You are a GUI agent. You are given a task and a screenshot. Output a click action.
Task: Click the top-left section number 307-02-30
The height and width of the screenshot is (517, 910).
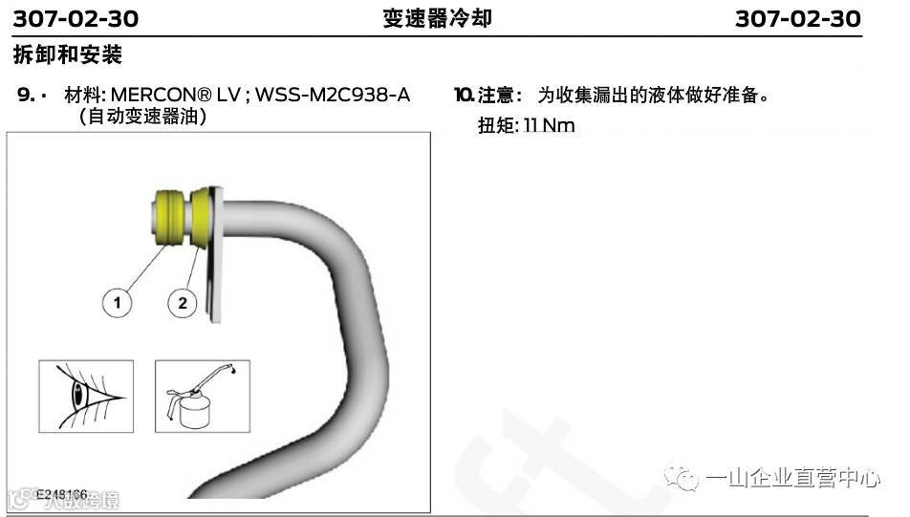pyautogui.click(x=76, y=18)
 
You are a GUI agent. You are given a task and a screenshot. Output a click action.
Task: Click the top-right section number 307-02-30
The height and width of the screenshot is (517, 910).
pyautogui.click(x=798, y=18)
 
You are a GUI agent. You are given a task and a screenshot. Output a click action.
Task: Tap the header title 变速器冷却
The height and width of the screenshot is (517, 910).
pyautogui.click(x=438, y=18)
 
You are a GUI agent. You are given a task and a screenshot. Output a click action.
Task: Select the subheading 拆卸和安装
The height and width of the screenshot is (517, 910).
pyautogui.click(x=68, y=54)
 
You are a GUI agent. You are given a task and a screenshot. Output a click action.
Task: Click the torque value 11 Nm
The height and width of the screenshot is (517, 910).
pyautogui.click(x=550, y=125)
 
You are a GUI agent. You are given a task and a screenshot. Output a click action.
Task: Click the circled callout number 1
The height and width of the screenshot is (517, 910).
pyautogui.click(x=118, y=303)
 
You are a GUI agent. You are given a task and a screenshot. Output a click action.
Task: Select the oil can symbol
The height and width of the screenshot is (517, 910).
pyautogui.click(x=196, y=396)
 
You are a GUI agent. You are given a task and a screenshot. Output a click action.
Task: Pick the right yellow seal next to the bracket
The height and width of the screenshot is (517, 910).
pyautogui.click(x=201, y=215)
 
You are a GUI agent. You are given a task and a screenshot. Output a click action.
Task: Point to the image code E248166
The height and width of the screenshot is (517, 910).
pyautogui.click(x=61, y=494)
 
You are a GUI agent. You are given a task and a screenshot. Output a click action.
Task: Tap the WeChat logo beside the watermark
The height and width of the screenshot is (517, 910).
pyautogui.click(x=683, y=478)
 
